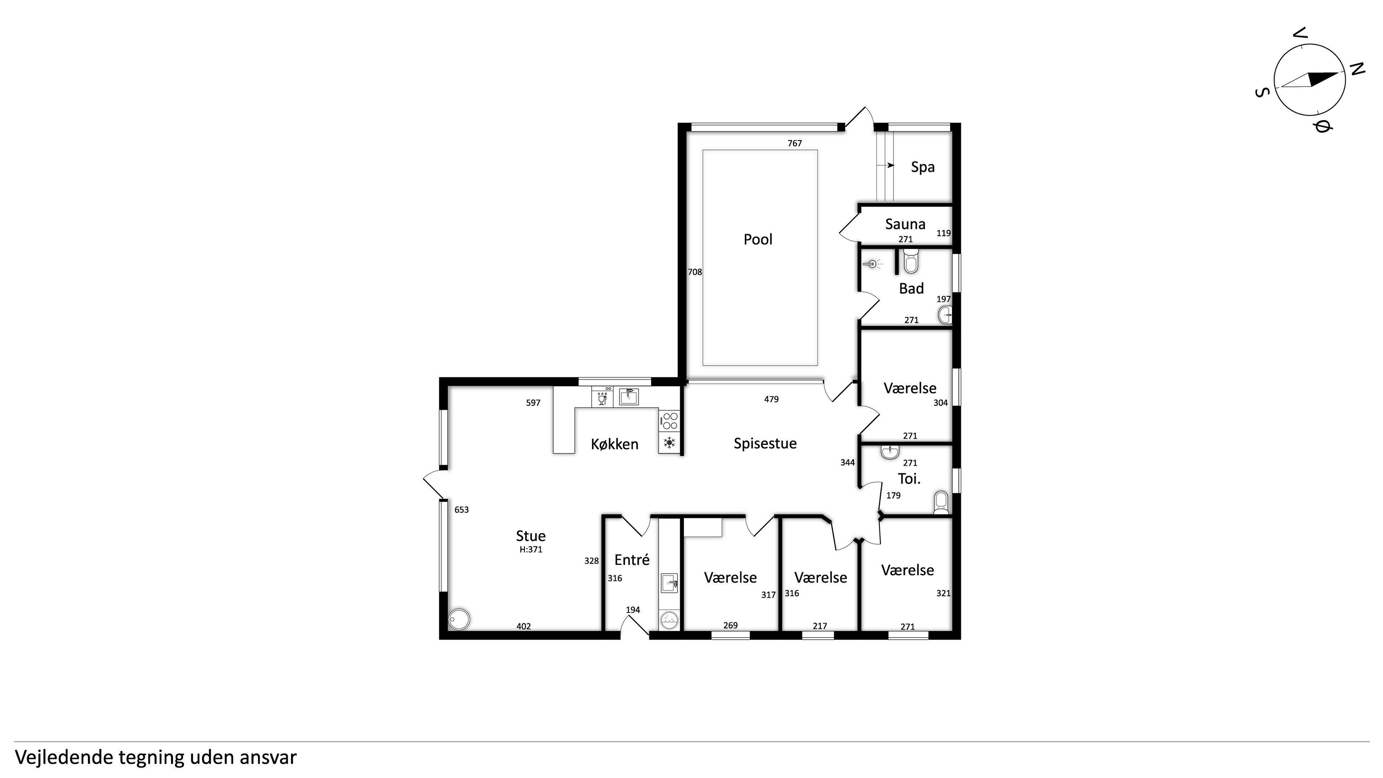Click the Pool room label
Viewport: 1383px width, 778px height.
tap(757, 240)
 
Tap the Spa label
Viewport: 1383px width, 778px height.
tap(922, 167)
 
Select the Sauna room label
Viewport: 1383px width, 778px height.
tap(905, 224)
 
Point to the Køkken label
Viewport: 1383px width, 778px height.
tap(615, 444)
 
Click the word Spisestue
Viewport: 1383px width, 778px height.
tap(765, 443)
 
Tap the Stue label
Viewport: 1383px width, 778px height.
tap(531, 536)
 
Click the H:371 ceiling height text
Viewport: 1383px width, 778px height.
tap(531, 549)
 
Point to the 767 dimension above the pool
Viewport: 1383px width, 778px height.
tap(795, 143)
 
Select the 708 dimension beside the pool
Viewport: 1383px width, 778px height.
tap(695, 272)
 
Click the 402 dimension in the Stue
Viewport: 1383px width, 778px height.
tap(523, 626)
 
